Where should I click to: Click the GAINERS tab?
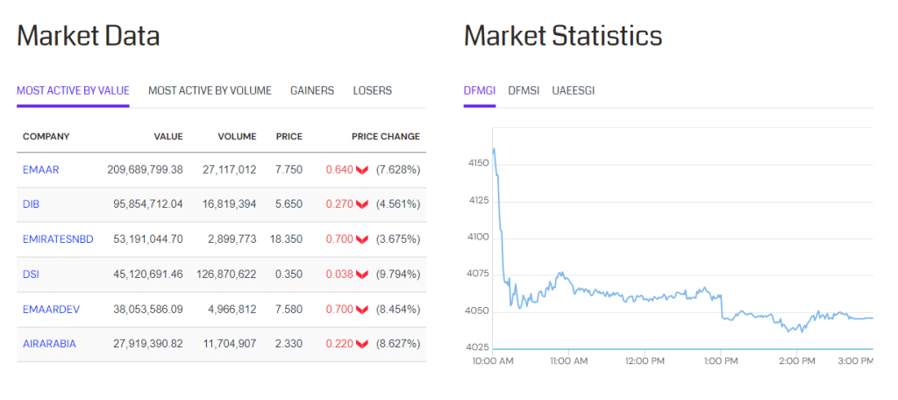[x=312, y=90]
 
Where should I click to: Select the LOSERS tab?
[x=373, y=90]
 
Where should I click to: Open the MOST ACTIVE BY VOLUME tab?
[x=210, y=90]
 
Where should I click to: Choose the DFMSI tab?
[x=524, y=90]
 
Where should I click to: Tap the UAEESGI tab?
[x=574, y=90]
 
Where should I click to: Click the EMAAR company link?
[x=41, y=169]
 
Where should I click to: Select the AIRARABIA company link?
[x=49, y=344]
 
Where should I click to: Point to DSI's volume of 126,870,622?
[x=223, y=275]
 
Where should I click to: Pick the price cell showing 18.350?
[x=289, y=239]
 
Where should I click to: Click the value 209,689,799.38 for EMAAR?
[x=145, y=169]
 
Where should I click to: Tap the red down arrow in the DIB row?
[x=361, y=204]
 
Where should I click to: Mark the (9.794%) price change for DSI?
[x=398, y=275]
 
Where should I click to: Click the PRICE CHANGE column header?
[x=386, y=137]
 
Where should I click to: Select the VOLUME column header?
[x=237, y=137]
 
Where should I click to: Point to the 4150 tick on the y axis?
[x=479, y=163]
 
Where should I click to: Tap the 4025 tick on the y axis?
[x=479, y=348]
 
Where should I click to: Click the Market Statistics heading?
[x=563, y=36]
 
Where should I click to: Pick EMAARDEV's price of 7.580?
[x=289, y=309]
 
